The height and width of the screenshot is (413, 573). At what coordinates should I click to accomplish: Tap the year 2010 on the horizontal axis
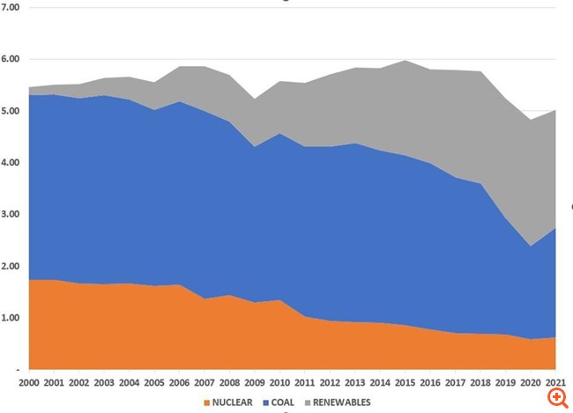tap(279, 384)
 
